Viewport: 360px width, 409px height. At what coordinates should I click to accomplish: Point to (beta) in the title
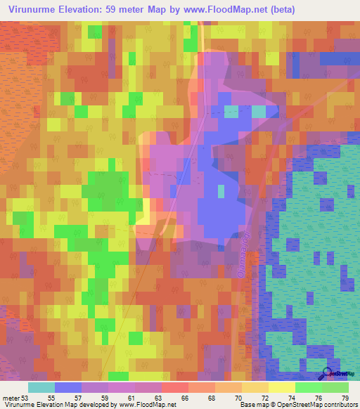click(x=288, y=9)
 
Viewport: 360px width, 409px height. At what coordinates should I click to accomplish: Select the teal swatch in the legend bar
click(x=41, y=387)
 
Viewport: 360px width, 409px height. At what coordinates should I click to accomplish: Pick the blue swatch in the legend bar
click(x=67, y=387)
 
